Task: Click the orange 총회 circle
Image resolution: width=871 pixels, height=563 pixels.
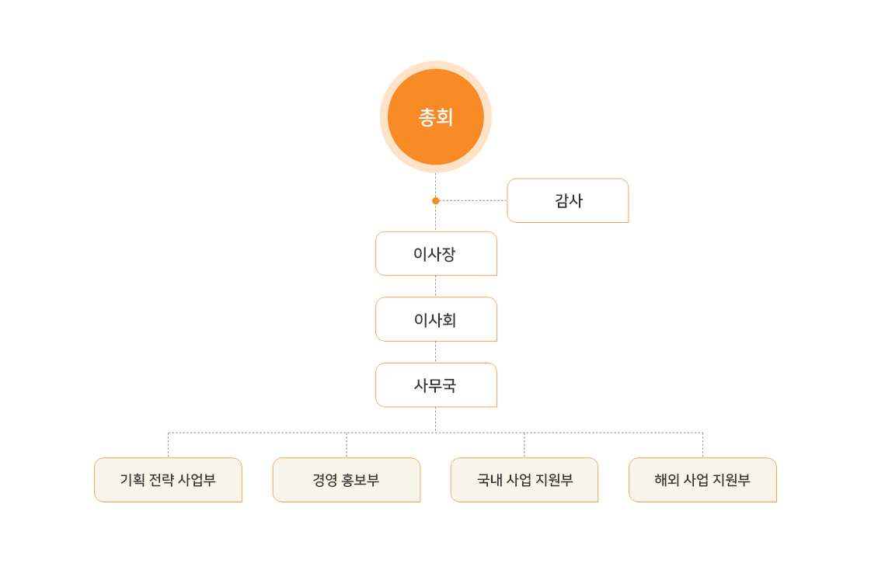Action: click(435, 116)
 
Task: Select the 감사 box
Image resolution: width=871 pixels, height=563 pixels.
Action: click(568, 200)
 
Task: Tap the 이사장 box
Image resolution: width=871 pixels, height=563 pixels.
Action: click(436, 254)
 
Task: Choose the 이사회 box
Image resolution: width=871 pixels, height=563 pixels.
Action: click(436, 319)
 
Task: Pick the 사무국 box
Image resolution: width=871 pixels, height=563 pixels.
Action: click(436, 384)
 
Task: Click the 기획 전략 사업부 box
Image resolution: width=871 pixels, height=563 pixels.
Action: click(169, 480)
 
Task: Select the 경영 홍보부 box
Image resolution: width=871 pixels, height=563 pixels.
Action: click(347, 480)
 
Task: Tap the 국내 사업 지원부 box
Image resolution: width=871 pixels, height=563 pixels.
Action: click(524, 480)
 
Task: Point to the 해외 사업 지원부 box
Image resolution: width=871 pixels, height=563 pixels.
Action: click(702, 480)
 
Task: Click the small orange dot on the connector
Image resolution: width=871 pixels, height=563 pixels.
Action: click(435, 200)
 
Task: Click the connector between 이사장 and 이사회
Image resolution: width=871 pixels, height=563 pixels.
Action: click(435, 287)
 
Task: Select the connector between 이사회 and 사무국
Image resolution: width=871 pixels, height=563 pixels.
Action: click(435, 352)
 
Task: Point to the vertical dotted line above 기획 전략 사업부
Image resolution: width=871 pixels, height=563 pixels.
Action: click(169, 445)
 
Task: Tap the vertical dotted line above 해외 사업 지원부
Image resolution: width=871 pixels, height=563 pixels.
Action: click(702, 445)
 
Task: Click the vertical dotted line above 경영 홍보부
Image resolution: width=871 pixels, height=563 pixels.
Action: click(347, 445)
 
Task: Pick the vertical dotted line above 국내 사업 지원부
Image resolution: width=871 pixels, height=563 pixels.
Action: click(524, 445)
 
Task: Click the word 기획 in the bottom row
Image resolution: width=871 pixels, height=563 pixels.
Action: click(132, 480)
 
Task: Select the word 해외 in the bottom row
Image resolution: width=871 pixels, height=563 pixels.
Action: click(667, 480)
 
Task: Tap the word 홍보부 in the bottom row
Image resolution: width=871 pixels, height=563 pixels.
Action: click(361, 480)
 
